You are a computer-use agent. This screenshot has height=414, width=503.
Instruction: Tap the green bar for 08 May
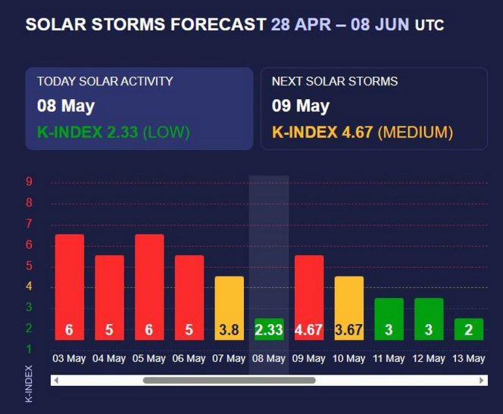(269, 329)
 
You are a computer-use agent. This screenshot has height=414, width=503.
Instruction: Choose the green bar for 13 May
(468, 329)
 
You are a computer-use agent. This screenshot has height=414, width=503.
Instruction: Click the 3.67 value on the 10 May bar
(348, 330)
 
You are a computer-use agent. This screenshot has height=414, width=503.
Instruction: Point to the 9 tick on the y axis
(29, 182)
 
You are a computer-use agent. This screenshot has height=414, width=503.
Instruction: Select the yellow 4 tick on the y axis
(29, 286)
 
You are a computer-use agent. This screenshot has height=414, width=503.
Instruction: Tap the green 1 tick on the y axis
(29, 349)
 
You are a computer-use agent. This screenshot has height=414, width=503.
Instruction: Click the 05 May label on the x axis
(149, 359)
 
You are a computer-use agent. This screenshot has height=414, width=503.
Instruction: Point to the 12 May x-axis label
(429, 359)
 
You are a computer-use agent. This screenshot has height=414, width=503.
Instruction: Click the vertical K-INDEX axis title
(30, 383)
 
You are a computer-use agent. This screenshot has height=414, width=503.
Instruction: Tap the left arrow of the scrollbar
(56, 380)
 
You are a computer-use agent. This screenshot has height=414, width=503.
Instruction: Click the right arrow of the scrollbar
(483, 380)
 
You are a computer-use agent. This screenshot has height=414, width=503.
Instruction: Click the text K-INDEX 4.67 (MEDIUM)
(362, 132)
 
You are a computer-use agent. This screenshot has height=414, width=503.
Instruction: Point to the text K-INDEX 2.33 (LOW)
(114, 132)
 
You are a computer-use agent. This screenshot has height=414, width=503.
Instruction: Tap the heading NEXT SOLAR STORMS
(335, 81)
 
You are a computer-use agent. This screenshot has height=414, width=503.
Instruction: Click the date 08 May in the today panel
(66, 106)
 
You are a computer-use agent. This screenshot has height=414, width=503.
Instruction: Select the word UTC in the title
(430, 26)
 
